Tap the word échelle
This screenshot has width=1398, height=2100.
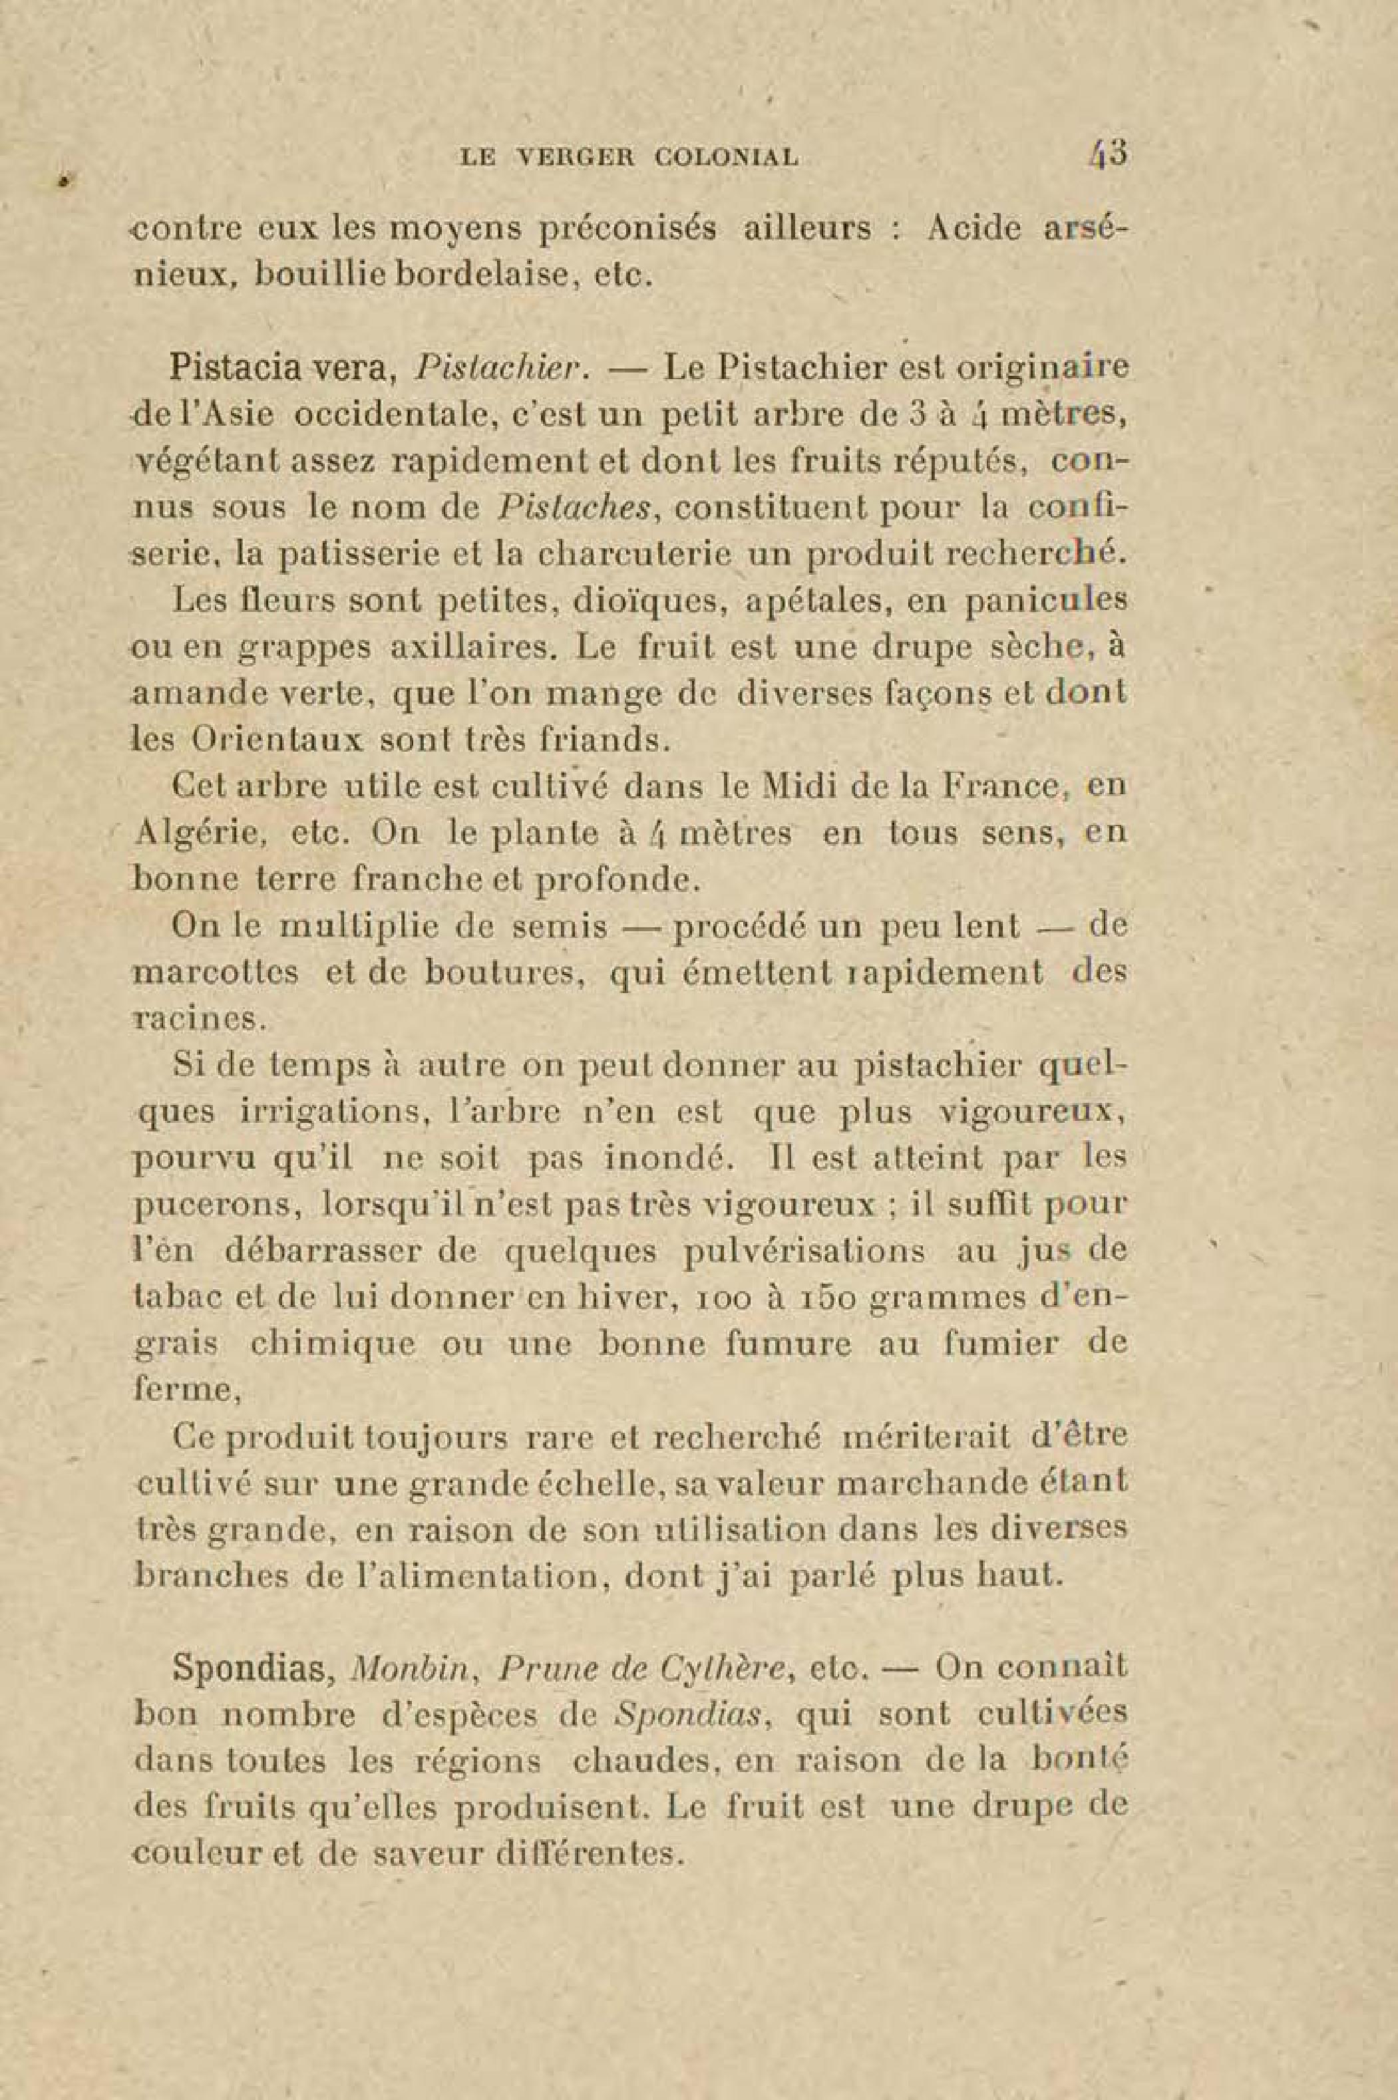tap(612, 1485)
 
